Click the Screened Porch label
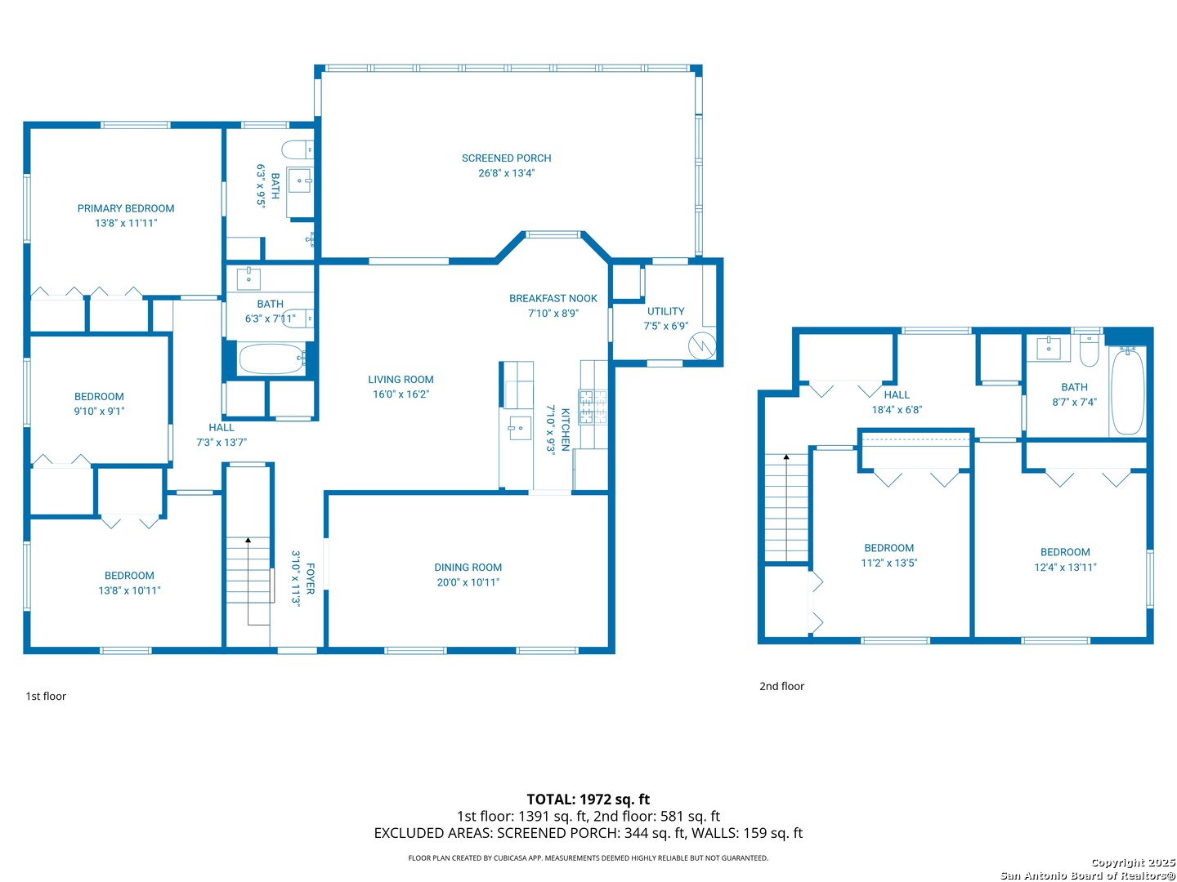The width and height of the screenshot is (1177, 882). point(506,158)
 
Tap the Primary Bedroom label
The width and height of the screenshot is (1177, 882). point(126,208)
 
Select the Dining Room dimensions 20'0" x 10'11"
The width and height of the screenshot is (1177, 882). point(468,582)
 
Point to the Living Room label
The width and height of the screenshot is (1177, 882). point(401,380)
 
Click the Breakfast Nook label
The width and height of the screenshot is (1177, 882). point(553,298)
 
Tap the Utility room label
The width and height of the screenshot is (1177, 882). point(665,311)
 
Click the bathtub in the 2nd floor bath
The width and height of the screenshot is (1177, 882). point(1128,390)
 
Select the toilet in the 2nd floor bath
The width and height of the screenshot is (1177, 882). point(1089,351)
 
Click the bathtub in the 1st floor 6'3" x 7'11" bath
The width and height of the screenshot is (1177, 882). point(271,359)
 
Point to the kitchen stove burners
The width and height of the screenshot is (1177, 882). point(593,408)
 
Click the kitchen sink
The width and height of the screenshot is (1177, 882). point(519,428)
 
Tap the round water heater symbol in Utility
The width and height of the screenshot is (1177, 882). point(702,346)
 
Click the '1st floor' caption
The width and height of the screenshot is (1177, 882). point(46,696)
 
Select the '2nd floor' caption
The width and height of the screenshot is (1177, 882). point(781,686)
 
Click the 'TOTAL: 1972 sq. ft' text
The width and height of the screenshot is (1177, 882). point(588,800)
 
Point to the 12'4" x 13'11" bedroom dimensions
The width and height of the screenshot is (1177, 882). point(1065,567)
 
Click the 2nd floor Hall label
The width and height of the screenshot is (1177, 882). point(897,394)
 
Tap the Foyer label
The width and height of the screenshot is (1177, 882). point(310,578)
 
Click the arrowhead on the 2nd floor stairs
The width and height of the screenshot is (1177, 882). point(786,457)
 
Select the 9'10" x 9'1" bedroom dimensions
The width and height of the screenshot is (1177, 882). point(99,412)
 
